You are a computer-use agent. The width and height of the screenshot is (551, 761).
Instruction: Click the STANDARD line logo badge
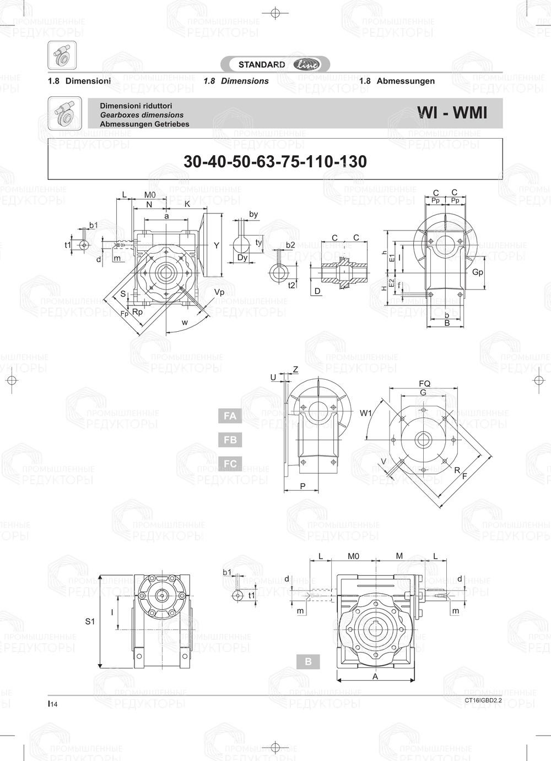point(275,64)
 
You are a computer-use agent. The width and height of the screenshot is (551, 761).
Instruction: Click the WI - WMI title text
point(452,113)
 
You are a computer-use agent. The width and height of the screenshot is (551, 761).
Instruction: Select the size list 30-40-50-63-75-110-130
point(275,161)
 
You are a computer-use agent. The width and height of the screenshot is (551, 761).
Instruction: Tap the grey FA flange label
point(230,416)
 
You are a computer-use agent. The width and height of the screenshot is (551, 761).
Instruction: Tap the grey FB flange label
point(230,440)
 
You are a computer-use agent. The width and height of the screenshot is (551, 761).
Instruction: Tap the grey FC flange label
point(230,464)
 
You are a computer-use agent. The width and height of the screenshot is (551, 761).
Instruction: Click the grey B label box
point(308,661)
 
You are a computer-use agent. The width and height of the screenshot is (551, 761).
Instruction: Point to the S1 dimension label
point(90,621)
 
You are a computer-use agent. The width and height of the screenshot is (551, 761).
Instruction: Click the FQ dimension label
point(424,384)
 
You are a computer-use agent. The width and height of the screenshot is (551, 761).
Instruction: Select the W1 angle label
point(366,413)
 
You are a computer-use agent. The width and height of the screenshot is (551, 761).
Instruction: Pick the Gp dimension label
point(478,272)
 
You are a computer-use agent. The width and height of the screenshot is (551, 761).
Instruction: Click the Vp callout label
point(219,292)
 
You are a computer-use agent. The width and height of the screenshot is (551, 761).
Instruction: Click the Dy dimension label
point(242,258)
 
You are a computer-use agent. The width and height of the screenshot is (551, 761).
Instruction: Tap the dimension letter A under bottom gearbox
point(375,677)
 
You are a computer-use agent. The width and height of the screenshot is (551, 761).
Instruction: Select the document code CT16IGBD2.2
point(483,700)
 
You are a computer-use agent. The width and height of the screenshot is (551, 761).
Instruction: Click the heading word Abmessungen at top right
point(406,81)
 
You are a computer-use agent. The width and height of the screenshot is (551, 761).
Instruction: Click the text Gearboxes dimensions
point(142,115)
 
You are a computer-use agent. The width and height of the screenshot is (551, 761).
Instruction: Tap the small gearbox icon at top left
point(62,56)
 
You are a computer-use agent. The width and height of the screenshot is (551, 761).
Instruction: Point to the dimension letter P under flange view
point(302,486)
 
